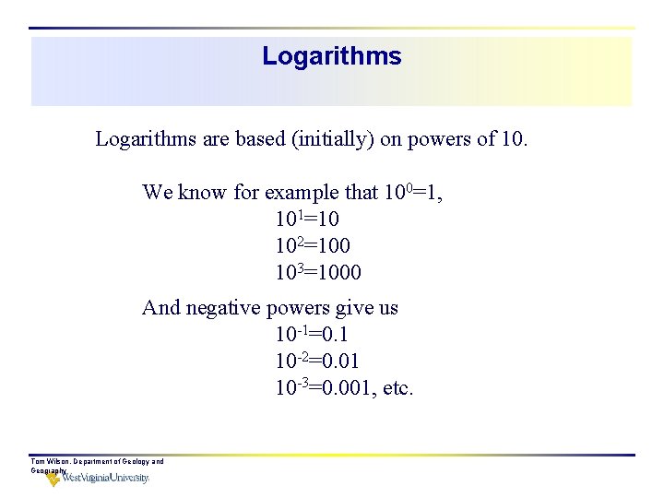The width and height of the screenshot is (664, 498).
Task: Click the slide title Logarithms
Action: [331, 56]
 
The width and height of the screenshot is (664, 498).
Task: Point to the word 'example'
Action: [302, 193]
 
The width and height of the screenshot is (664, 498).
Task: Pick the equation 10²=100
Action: [312, 246]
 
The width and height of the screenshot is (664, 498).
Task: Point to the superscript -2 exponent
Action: [301, 356]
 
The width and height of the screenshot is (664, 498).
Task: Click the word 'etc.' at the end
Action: [397, 388]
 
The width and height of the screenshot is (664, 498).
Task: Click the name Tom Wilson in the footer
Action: [51, 461]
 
